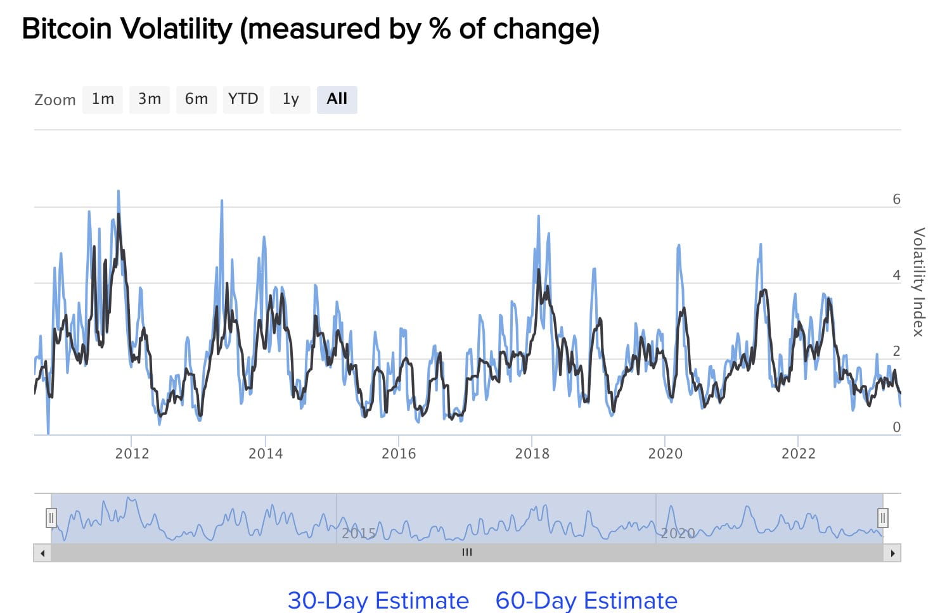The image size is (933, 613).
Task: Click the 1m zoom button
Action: click(x=103, y=99)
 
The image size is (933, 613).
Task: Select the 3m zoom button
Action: click(x=150, y=99)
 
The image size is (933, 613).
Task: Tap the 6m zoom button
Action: click(x=196, y=99)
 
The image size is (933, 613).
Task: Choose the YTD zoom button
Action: click(x=243, y=99)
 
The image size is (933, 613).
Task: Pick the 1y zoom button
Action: click(x=290, y=99)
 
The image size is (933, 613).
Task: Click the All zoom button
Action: click(x=337, y=99)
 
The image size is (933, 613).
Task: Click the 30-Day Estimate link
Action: click(x=378, y=600)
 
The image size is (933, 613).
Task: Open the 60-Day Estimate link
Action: click(x=586, y=600)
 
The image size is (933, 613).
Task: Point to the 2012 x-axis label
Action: click(x=132, y=453)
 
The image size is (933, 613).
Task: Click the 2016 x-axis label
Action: click(x=399, y=453)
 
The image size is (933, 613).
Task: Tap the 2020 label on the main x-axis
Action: click(x=665, y=453)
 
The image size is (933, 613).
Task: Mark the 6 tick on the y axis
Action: click(x=896, y=199)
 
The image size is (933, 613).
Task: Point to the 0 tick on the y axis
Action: click(x=896, y=427)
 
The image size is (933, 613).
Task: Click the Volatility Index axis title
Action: click(x=918, y=282)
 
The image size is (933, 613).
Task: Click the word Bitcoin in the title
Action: click(x=67, y=29)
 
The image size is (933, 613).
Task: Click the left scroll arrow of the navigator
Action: click(x=42, y=553)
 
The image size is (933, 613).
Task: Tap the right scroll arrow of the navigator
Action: click(x=892, y=553)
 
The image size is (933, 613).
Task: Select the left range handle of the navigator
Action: click(x=51, y=518)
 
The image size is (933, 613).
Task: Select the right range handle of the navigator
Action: click(x=882, y=518)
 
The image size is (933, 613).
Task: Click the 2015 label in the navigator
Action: click(x=359, y=533)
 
